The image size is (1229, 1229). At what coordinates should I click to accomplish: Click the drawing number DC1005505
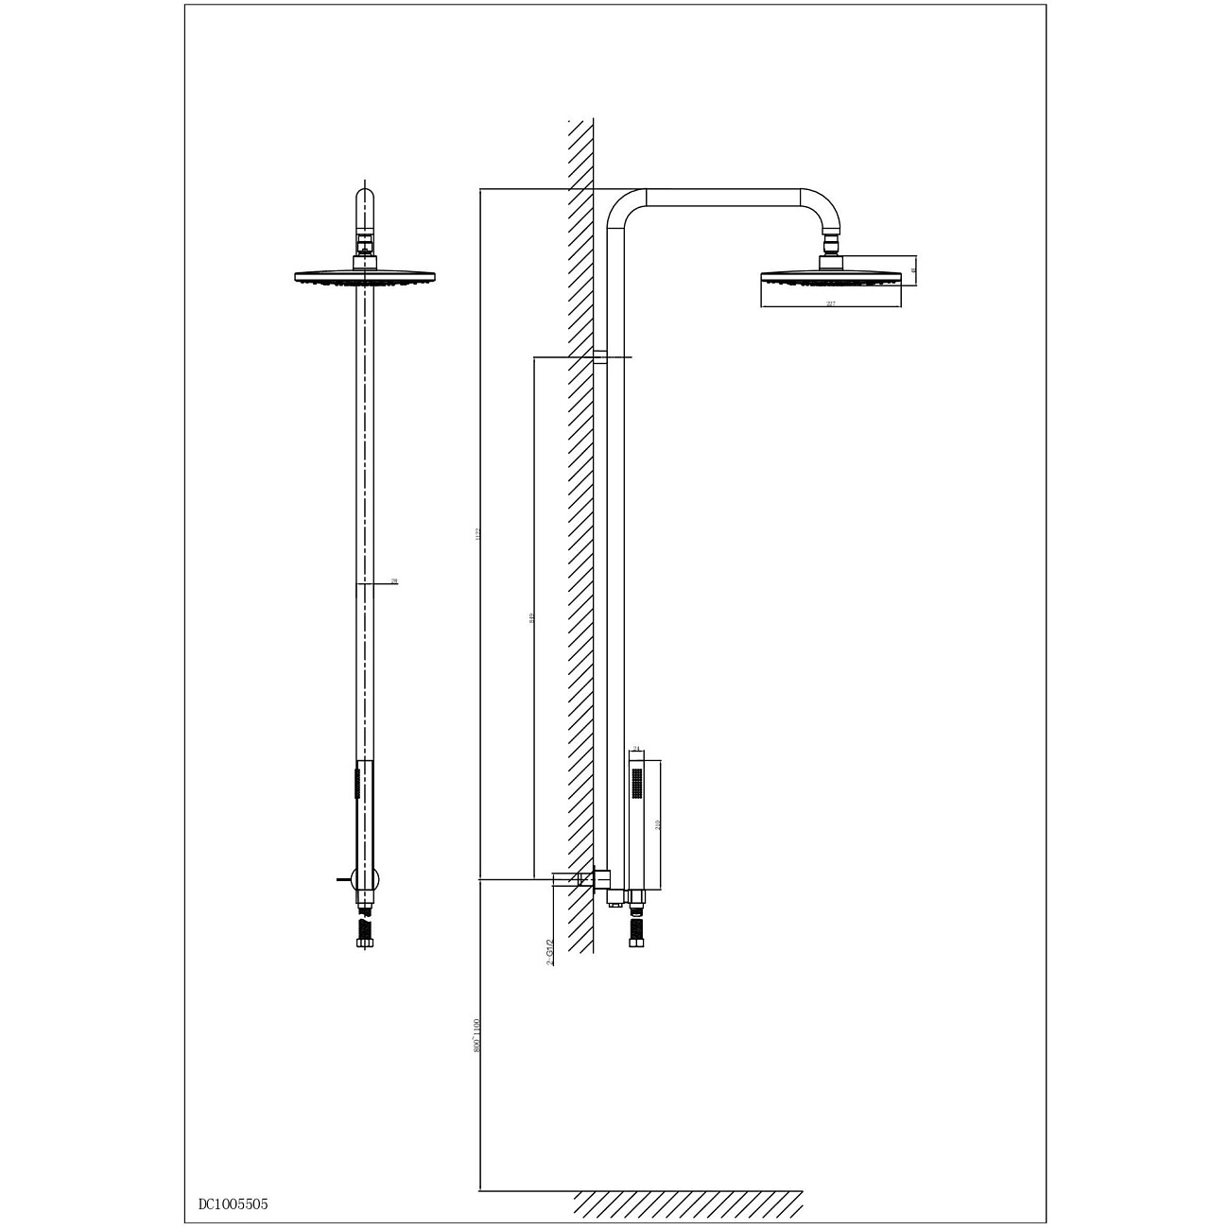point(233,1203)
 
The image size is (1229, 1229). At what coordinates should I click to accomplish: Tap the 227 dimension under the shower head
point(830,303)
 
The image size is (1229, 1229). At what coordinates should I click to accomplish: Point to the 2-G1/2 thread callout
point(550,951)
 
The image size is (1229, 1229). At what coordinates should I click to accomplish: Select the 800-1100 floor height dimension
point(477,1035)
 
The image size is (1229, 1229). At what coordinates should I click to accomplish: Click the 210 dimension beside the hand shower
point(658,824)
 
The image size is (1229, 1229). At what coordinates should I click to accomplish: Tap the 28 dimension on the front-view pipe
point(394,581)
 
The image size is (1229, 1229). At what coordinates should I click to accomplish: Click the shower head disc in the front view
point(365,277)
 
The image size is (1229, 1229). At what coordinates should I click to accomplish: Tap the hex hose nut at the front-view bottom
point(365,942)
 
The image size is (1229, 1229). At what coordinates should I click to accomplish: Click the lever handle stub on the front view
point(342,879)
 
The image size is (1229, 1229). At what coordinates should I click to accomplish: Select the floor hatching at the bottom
point(687,1203)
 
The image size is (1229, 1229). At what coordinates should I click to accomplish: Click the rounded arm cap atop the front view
point(365,203)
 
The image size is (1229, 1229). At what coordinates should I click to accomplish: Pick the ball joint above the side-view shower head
point(831,249)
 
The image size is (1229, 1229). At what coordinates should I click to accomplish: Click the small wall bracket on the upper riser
point(599,357)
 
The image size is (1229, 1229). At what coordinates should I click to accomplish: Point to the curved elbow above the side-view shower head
point(821,208)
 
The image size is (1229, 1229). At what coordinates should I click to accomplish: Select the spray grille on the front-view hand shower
point(356,784)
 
